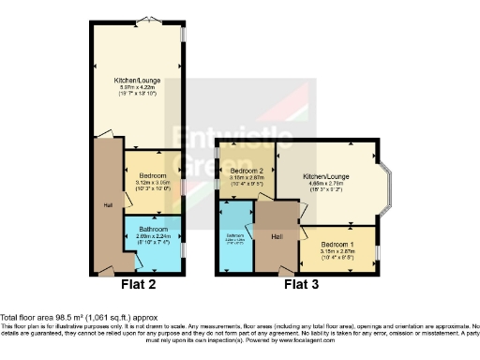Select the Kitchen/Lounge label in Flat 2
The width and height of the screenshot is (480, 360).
(139, 82)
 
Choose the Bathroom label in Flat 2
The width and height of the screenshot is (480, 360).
(154, 230)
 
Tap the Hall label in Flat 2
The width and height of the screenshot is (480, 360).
(109, 203)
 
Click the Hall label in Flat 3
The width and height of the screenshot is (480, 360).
(278, 237)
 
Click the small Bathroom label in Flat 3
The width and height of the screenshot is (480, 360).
(234, 235)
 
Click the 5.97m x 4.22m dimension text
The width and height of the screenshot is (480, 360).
(139, 88)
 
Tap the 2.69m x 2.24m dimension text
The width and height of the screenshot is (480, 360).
(154, 236)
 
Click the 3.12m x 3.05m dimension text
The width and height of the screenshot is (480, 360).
(154, 183)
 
